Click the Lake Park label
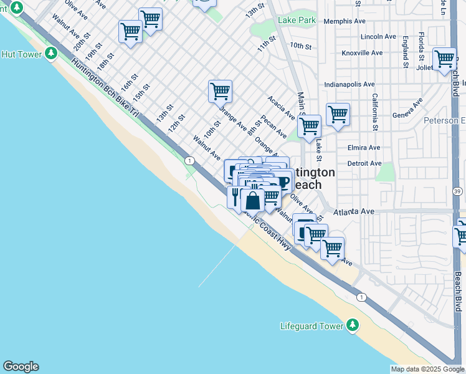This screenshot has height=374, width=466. [297, 21]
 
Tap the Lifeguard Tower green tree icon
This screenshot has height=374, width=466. [353, 325]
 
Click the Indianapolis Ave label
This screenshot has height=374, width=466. [349, 84]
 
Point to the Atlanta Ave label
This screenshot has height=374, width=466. [353, 212]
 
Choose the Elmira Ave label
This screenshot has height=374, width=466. [364, 148]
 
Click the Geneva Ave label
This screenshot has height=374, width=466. [407, 115]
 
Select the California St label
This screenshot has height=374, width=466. [375, 108]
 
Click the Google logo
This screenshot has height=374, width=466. [21, 367]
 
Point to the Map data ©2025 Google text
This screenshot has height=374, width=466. [427, 369]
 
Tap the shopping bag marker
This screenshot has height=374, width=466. [252, 201]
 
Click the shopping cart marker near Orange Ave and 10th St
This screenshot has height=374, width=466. [220, 92]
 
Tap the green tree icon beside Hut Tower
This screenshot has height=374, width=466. [50, 54]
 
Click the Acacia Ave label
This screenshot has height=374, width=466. [281, 108]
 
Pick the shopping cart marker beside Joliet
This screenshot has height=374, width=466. [444, 60]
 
